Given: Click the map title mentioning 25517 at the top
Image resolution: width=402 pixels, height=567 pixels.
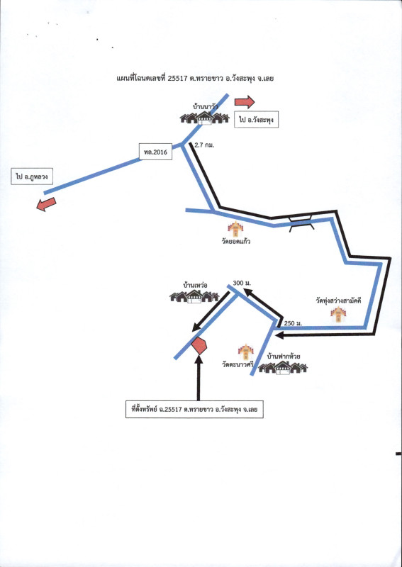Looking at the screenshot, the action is click(x=195, y=78).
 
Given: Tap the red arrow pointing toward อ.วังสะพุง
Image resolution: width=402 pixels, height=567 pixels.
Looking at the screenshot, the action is click(x=245, y=102).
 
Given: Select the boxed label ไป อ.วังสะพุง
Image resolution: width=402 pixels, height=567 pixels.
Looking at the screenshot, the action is click(x=256, y=119).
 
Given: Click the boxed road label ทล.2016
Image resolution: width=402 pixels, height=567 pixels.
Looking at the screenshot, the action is click(x=155, y=152).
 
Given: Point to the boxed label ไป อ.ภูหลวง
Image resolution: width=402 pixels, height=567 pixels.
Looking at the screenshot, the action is click(x=32, y=176).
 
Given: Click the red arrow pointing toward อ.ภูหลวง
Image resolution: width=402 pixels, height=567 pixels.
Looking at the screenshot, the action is click(x=46, y=204).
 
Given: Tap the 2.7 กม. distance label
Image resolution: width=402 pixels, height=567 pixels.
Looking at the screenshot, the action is click(x=204, y=145).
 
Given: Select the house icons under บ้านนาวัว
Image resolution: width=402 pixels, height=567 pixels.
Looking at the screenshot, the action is click(x=205, y=118).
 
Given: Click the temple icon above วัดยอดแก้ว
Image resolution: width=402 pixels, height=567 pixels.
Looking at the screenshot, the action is click(x=235, y=229).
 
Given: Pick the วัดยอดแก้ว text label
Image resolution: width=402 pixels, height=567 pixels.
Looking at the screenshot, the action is click(x=236, y=241).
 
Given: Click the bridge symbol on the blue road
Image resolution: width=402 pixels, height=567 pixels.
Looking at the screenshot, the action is click(x=301, y=223).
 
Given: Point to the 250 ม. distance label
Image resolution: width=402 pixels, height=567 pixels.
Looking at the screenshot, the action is click(x=293, y=323).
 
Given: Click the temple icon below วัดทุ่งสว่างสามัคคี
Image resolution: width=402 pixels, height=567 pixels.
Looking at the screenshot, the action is click(x=338, y=314).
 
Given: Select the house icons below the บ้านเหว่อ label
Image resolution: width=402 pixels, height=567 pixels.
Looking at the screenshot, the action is click(x=194, y=296).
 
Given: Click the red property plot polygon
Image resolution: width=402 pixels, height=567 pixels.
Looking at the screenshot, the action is click(x=199, y=346).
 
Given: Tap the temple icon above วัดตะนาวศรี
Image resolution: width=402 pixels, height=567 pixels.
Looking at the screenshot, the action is click(x=246, y=352).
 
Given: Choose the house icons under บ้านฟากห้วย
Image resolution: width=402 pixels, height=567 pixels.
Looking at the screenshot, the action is click(x=283, y=368).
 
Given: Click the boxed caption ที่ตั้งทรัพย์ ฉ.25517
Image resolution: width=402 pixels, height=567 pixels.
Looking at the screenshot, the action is click(x=194, y=410).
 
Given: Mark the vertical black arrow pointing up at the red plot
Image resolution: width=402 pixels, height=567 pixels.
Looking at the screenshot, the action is click(x=199, y=378).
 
